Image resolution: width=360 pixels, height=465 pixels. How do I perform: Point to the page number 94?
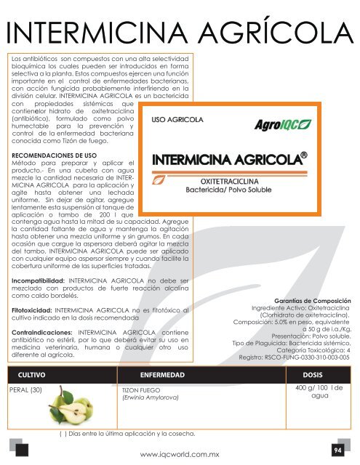337,450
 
